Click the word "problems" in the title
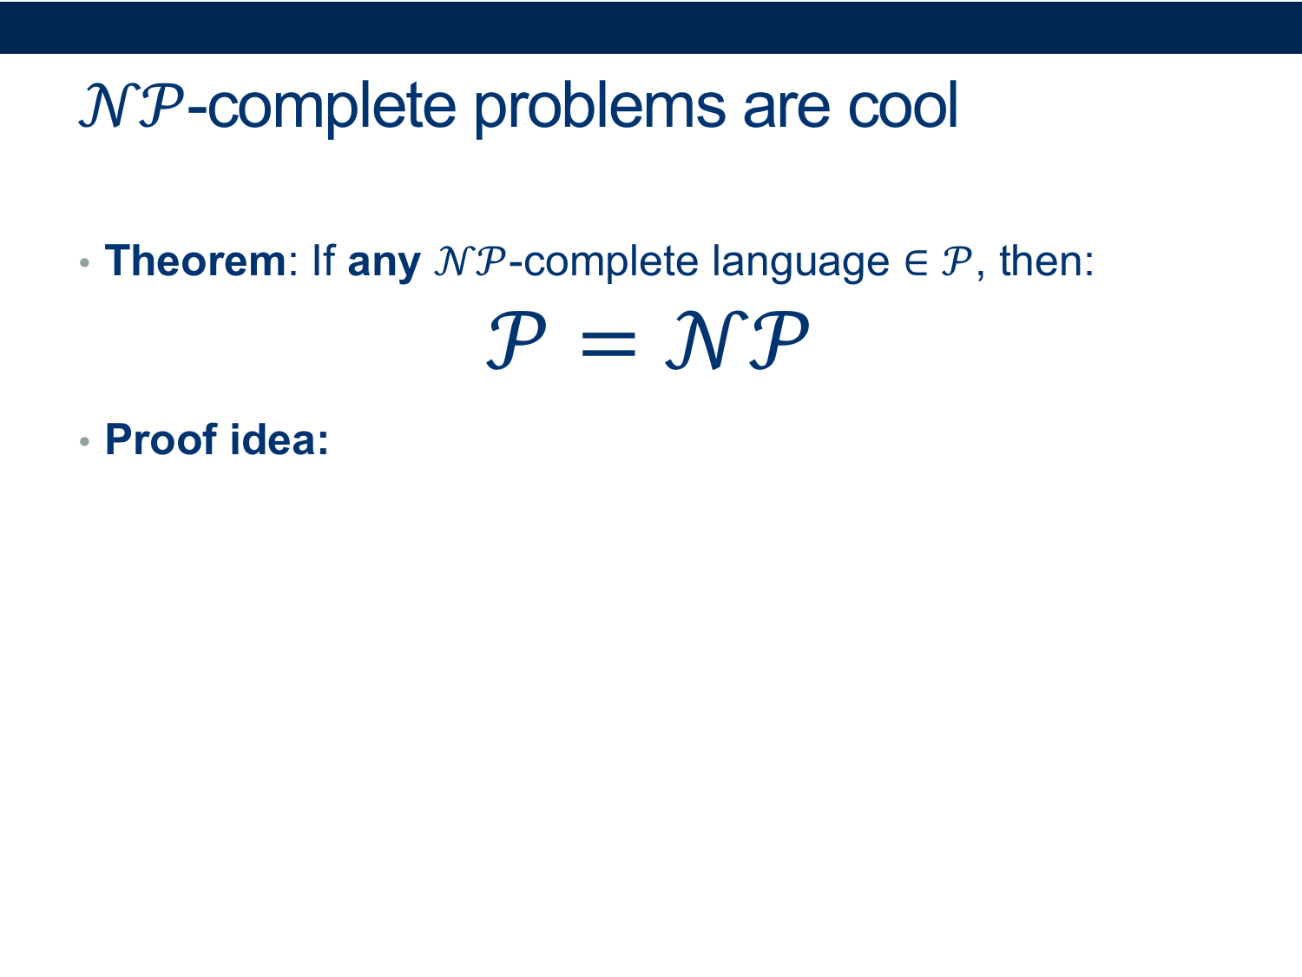pyautogui.click(x=600, y=109)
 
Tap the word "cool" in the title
pyautogui.click(x=904, y=105)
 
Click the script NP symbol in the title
pyautogui.click(x=131, y=106)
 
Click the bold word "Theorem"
pyautogui.click(x=195, y=261)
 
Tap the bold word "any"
pyautogui.click(x=384, y=265)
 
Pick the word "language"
pyautogui.click(x=801, y=264)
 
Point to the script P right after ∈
pyautogui.click(x=957, y=261)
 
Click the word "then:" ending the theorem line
pyautogui.click(x=1047, y=261)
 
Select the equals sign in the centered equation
pyautogui.click(x=608, y=343)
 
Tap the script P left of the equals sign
pyautogui.click(x=516, y=340)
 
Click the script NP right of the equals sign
pyautogui.click(x=737, y=340)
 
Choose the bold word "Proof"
pyautogui.click(x=161, y=439)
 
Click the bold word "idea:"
pyautogui.click(x=279, y=439)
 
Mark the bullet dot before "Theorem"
pyautogui.click(x=85, y=262)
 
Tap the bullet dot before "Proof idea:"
pyautogui.click(x=85, y=441)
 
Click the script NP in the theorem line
pyautogui.click(x=470, y=261)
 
